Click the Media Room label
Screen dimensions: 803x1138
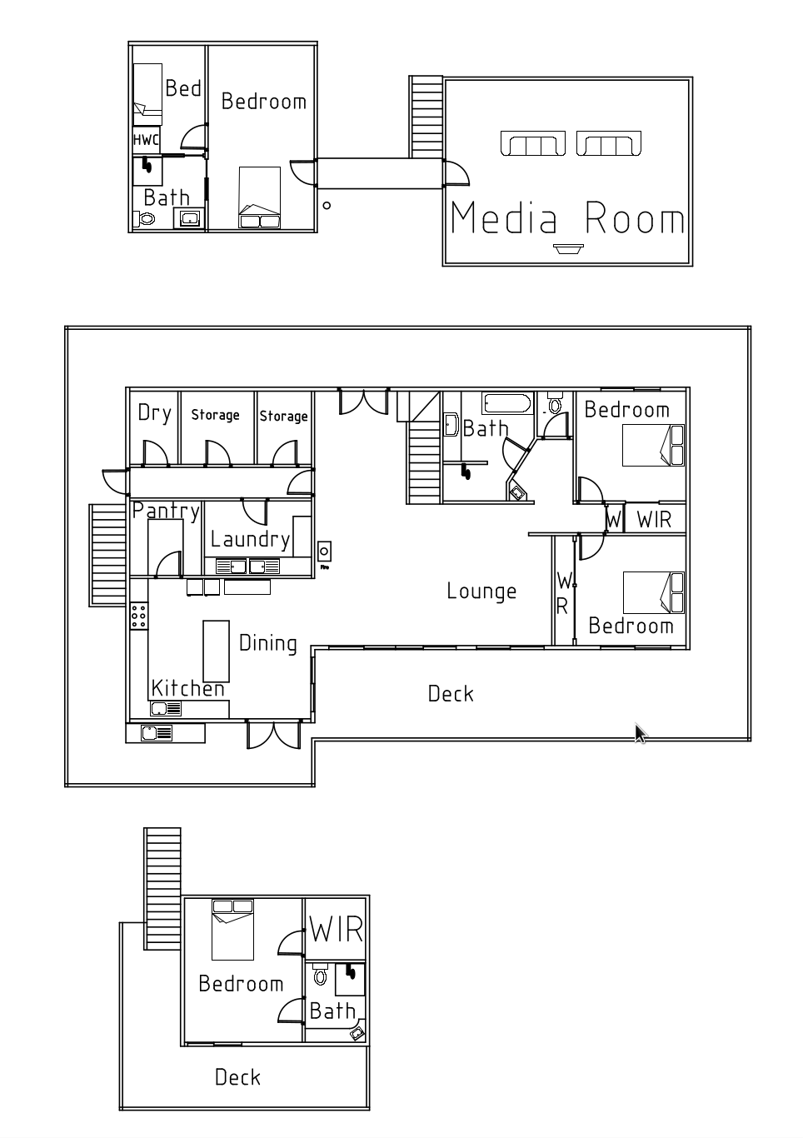click(x=567, y=217)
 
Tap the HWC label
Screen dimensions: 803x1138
click(x=147, y=140)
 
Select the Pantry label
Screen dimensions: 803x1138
click(x=166, y=511)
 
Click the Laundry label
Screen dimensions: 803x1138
click(x=250, y=540)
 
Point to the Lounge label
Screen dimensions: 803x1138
click(x=481, y=591)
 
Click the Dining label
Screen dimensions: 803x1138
click(x=267, y=644)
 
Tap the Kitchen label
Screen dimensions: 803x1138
click(x=188, y=688)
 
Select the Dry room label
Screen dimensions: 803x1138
click(x=154, y=413)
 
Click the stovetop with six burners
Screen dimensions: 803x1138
click(x=139, y=616)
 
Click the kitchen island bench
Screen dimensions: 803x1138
click(x=216, y=651)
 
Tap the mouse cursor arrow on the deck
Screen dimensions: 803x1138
click(x=641, y=734)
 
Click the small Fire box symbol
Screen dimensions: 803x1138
click(x=324, y=552)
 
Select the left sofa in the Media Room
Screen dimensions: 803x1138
click(x=532, y=143)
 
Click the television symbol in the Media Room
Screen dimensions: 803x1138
click(x=568, y=248)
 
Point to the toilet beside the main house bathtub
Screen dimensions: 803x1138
click(x=554, y=403)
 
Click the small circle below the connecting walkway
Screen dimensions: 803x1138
click(x=327, y=205)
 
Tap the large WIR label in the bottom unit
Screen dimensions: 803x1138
click(x=337, y=930)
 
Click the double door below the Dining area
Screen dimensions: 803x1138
click(x=273, y=735)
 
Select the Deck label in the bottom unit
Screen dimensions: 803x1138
click(x=237, y=1077)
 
